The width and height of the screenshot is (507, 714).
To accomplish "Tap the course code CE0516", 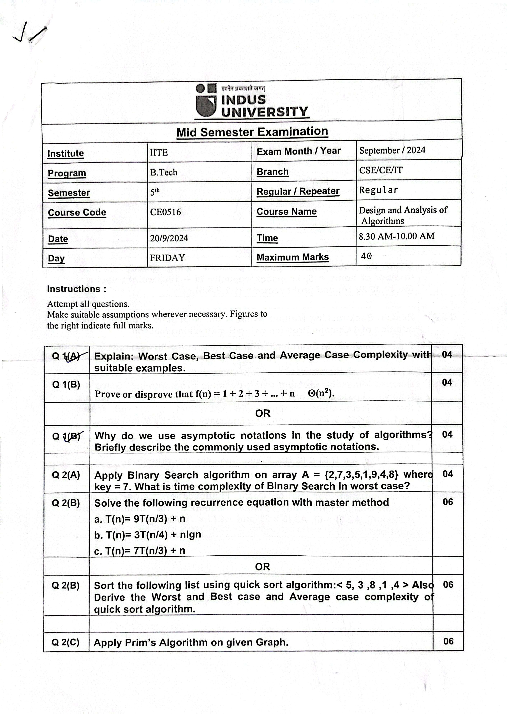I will coord(165,212).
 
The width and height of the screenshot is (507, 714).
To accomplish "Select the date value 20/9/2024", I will coord(169,238).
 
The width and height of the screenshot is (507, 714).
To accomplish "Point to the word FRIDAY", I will coord(167,258).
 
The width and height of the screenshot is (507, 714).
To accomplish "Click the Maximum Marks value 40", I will coord(366,256).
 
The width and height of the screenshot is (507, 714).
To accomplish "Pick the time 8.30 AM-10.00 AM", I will coord(397,236).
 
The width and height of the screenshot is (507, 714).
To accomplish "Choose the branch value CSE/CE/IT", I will coord(381,170).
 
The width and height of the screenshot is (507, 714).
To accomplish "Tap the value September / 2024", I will coord(392,150).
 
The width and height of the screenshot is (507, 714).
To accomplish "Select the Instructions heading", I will coord(77,289).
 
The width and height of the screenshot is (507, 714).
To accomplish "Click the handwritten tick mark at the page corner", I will coord(30,33).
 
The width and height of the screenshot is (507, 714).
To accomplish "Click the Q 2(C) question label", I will coord(66,642).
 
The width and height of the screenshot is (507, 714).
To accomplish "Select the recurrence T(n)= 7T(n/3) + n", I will coord(140,551).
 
